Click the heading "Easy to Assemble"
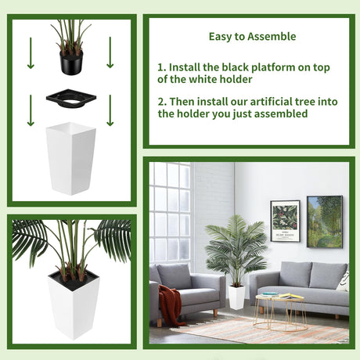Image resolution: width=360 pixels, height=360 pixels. click(252, 37)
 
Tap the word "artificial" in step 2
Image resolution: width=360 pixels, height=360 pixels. click(272, 102)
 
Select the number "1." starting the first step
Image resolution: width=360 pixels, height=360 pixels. click(162, 67)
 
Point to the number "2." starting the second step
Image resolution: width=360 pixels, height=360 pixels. click(162, 102)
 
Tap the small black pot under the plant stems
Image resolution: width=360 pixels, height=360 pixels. click(71, 62)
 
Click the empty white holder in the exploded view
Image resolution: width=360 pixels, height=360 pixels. click(70, 158)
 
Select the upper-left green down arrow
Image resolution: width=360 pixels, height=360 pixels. click(31, 53)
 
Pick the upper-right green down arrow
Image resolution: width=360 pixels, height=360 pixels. click(110, 52)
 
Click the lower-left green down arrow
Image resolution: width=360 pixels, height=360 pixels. click(31, 110)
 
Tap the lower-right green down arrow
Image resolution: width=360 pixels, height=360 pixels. click(110, 110)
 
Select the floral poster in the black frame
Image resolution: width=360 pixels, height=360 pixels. click(285, 221)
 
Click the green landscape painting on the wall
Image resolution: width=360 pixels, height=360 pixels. click(325, 221)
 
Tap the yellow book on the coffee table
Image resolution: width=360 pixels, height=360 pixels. click(291, 296)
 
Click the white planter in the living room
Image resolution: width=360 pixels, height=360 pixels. click(236, 297)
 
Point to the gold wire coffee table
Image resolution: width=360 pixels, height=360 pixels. click(280, 312)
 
